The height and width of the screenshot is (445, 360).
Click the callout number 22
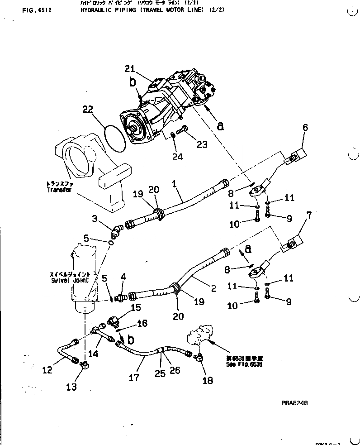pyautogui.click(x=88, y=109)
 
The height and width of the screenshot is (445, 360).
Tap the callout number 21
pyautogui.click(x=130, y=68)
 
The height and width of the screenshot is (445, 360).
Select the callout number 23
pyautogui.click(x=202, y=144)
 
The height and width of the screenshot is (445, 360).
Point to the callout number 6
pyautogui.click(x=305, y=128)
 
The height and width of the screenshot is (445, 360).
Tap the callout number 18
pyautogui.click(x=208, y=381)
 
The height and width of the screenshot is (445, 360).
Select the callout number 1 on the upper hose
pyautogui.click(x=174, y=183)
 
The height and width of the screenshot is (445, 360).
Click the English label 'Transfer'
pyautogui.click(x=59, y=191)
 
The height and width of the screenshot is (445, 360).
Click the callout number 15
pyautogui.click(x=136, y=308)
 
